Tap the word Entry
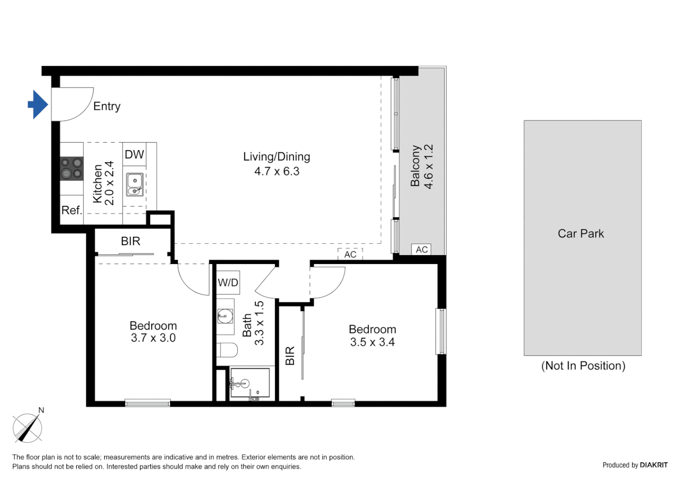pos(107,106)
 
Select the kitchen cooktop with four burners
pos(72,168)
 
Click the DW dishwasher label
pos(134,155)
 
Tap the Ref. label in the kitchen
pos(72,210)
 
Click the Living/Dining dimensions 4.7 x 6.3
pos(277,171)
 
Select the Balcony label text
pos(415,166)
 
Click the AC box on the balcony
pos(421,250)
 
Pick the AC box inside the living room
pos(350,254)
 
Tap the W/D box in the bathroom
pos(228,282)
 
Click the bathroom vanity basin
pos(225,317)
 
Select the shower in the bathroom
pos(250,383)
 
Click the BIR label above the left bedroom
pos(130,241)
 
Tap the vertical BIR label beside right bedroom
pos(290,356)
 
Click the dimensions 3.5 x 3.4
pos(372,342)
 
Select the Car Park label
pos(581,234)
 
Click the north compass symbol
pos(28,428)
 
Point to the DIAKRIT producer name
pos(653,465)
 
